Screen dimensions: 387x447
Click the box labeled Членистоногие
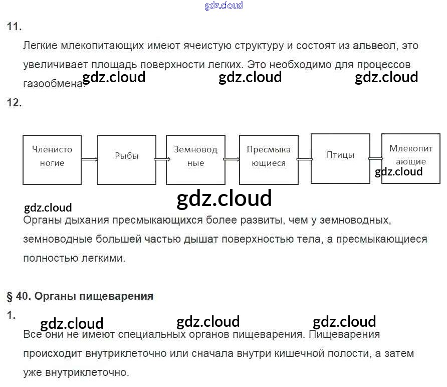click(x=52, y=159)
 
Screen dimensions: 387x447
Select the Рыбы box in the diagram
click(x=126, y=159)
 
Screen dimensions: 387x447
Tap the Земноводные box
click(x=195, y=159)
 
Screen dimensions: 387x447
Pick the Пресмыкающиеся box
click(x=269, y=159)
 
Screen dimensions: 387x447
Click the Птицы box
click(x=340, y=158)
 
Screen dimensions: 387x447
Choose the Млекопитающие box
click(x=410, y=158)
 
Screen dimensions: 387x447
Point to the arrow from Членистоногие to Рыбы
click(x=89, y=159)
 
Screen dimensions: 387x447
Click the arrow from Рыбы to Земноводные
click(x=161, y=159)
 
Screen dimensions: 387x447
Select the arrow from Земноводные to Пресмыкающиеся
click(x=232, y=159)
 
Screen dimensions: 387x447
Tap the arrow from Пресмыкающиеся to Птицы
click(x=305, y=159)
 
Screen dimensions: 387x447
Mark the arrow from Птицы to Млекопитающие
click(x=376, y=159)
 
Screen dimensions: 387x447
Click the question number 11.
click(x=14, y=27)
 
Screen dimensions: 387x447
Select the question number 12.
click(x=14, y=103)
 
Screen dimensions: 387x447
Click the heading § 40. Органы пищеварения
click(x=80, y=296)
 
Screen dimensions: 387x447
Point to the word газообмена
click(x=53, y=84)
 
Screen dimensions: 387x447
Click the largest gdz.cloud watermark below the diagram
click(x=224, y=199)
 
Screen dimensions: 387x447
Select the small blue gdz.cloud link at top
click(x=223, y=6)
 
